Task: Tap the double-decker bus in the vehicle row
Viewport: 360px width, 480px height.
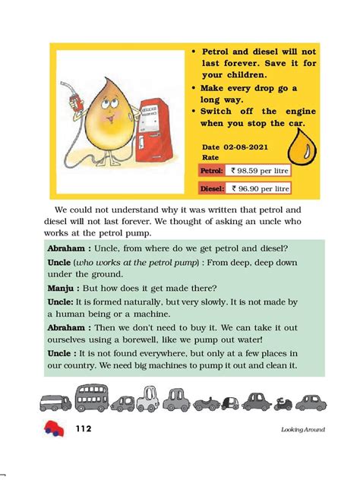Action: pos(91,398)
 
